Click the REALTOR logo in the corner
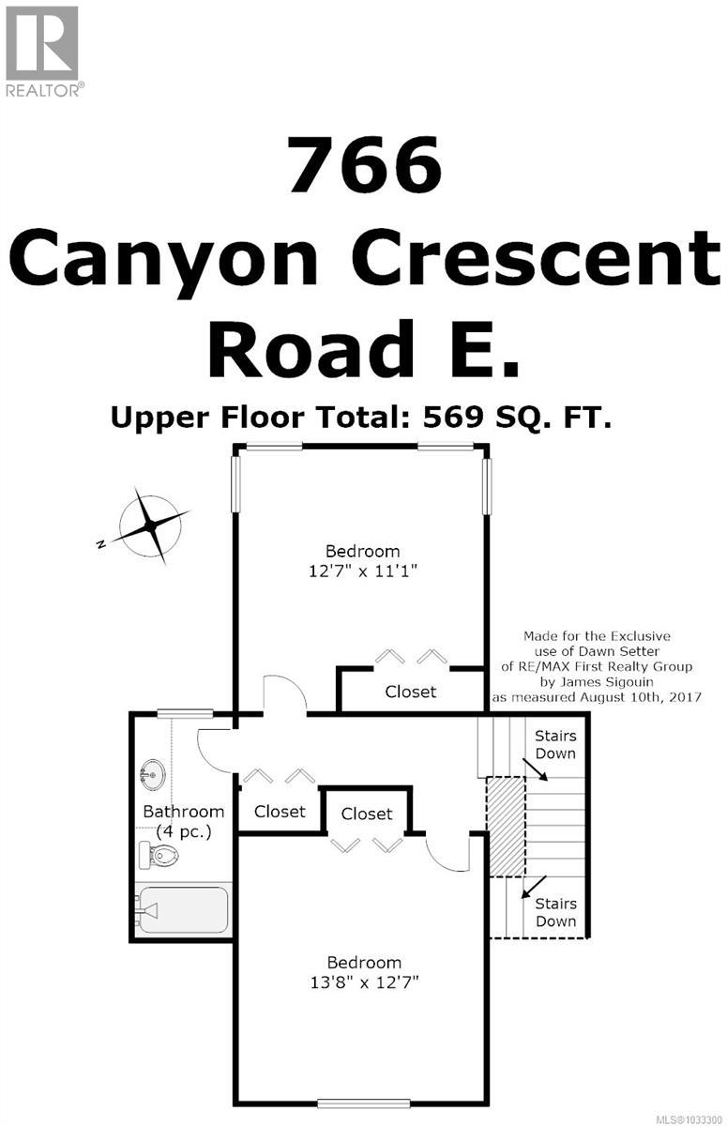[43, 50]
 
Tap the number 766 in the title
[364, 165]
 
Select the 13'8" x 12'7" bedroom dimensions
[363, 982]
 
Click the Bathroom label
[183, 811]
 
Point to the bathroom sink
[150, 776]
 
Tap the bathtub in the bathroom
[182, 909]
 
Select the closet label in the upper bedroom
[411, 692]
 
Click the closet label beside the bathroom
[280, 811]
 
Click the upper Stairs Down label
[555, 744]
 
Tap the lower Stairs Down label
[555, 912]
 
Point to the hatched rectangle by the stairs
[506, 826]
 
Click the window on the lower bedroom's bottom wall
[361, 1103]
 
